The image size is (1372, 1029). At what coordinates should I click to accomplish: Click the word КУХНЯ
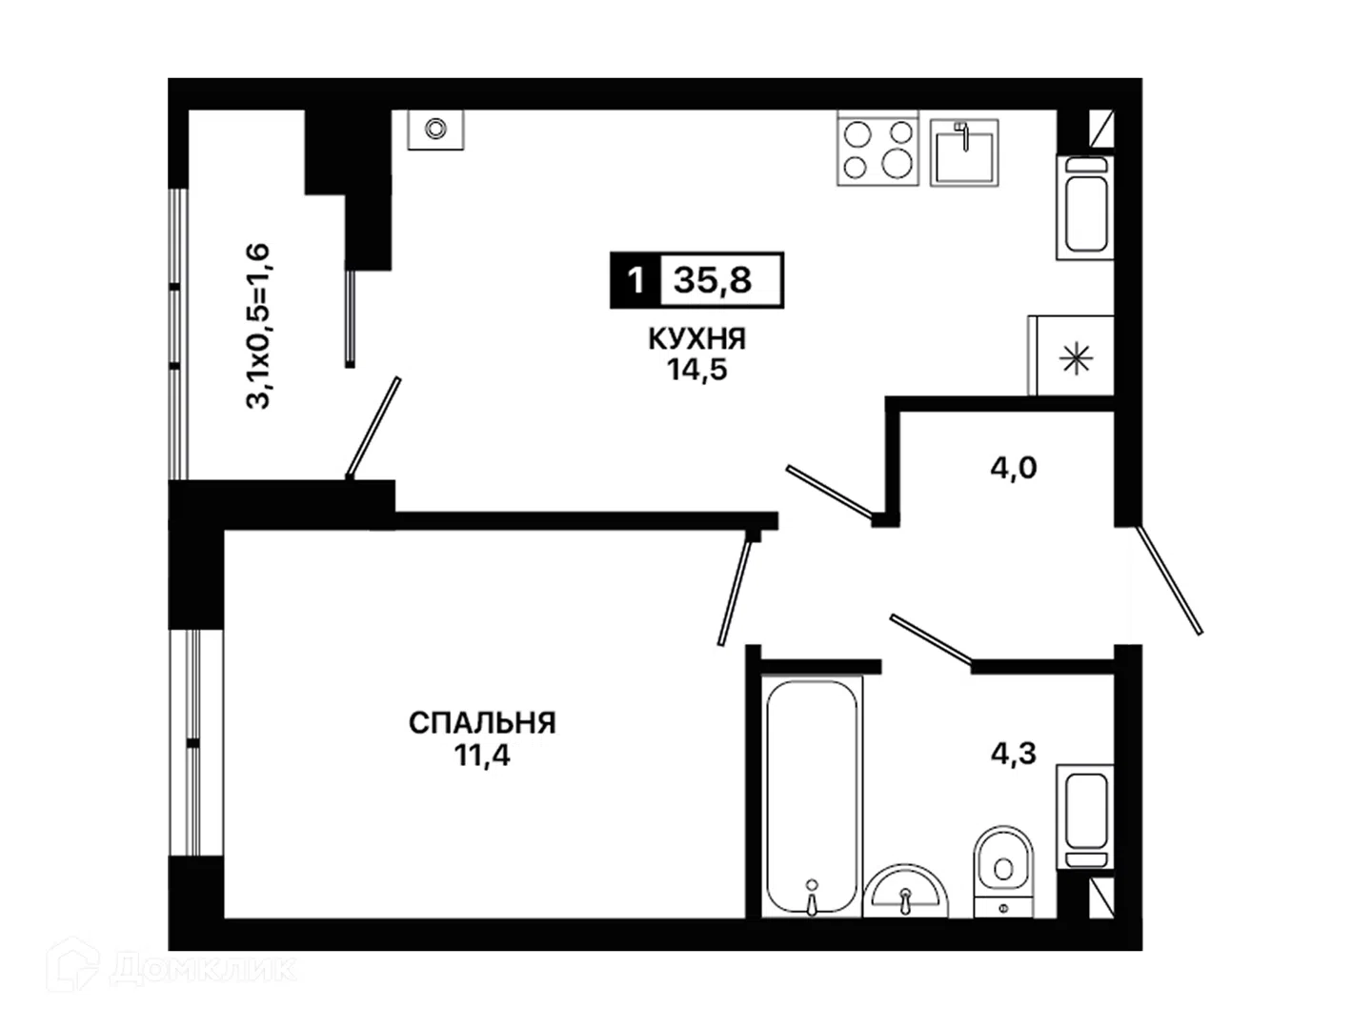point(696,339)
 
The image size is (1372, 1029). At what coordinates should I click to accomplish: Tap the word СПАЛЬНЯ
point(482,723)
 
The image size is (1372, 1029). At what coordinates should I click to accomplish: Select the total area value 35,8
point(713,280)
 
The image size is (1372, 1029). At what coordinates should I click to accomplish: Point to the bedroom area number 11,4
point(482,756)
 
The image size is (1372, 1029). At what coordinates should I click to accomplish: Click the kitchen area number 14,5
point(696,370)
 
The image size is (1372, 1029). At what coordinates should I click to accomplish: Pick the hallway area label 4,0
point(1013,468)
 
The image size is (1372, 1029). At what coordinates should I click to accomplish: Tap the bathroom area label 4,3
point(1013,754)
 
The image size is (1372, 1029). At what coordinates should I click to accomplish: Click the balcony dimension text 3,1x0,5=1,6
point(258,326)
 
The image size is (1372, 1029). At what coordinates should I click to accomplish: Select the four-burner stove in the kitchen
point(878,149)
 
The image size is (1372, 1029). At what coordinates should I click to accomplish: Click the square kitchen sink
point(964,153)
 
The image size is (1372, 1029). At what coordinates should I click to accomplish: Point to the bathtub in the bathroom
point(812,797)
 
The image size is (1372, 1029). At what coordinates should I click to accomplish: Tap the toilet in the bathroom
point(1002,872)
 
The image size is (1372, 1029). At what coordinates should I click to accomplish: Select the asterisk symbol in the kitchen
point(1077,360)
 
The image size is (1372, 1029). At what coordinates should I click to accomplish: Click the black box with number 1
point(636,280)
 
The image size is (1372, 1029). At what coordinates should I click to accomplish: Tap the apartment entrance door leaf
point(1167,580)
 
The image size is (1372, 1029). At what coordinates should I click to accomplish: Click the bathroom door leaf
point(931,638)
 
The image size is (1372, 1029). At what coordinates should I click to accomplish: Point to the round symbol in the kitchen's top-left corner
point(435,130)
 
